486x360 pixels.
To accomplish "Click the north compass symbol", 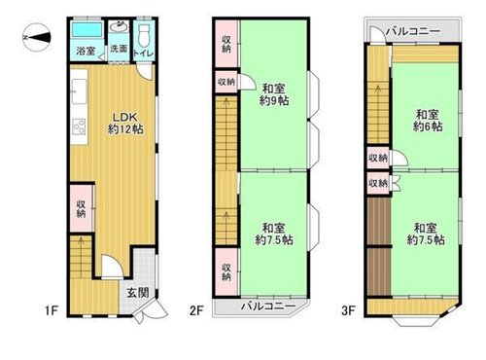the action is click(x=37, y=37).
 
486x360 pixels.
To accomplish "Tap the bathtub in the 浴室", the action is click(x=87, y=30).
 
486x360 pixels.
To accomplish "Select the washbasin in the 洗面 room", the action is click(x=119, y=26).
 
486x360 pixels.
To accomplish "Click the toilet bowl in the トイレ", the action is click(x=143, y=36).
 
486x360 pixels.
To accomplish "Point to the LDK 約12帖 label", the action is click(x=125, y=124).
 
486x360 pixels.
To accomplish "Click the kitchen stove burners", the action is click(x=79, y=126).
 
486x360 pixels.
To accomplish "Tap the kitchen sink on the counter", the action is click(x=79, y=91).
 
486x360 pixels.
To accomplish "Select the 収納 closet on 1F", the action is click(x=82, y=208).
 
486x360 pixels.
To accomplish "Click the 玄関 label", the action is click(x=138, y=293).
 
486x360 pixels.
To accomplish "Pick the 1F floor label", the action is click(x=52, y=311).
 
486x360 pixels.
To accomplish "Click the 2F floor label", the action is click(x=196, y=310).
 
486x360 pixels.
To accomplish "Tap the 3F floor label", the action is click(x=349, y=310).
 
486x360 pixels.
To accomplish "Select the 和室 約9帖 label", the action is click(x=274, y=94).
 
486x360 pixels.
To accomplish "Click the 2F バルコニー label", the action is click(x=268, y=306).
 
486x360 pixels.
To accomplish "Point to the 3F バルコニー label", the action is click(x=413, y=31).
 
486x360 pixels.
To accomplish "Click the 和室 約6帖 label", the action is click(x=428, y=121).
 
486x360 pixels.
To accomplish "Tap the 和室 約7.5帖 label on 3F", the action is click(x=426, y=234).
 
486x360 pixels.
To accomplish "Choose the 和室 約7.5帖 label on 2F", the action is click(x=274, y=234).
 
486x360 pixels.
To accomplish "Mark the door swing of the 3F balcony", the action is click(x=378, y=34).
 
